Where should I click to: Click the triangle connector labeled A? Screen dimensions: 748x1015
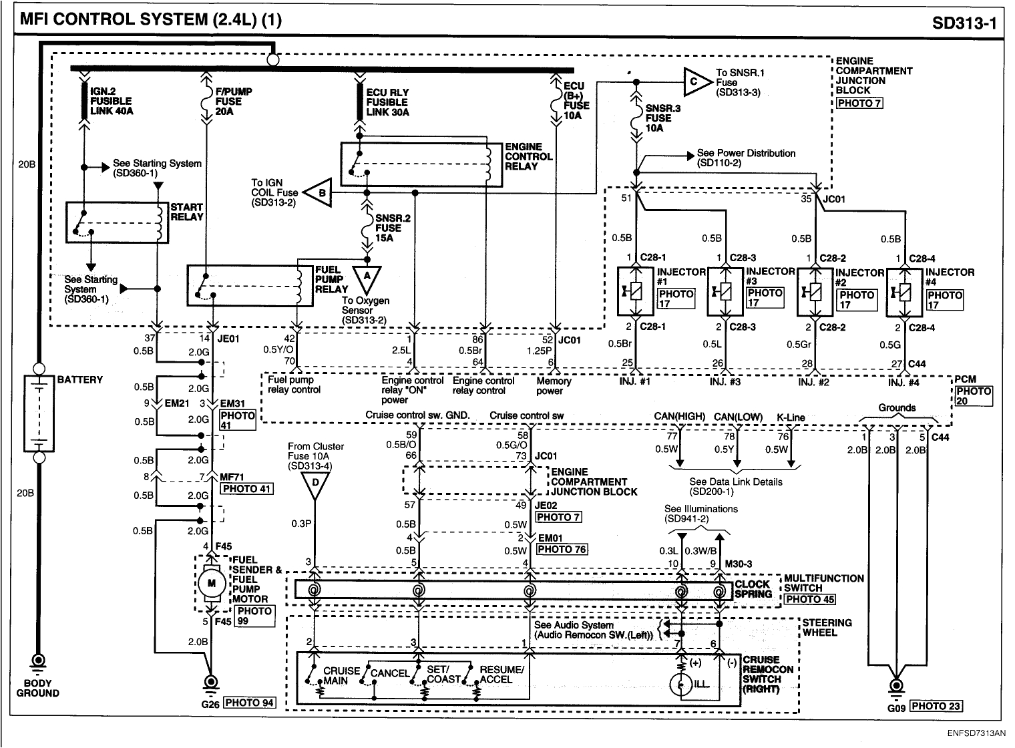[366, 276]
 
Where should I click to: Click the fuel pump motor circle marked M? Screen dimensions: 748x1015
[212, 584]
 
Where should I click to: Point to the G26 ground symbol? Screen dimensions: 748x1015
[211, 683]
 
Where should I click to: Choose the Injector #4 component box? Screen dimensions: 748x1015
[904, 292]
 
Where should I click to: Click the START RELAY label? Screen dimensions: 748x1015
[186, 212]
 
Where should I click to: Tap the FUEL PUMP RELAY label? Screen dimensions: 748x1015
[332, 280]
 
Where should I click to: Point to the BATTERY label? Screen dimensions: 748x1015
[80, 379]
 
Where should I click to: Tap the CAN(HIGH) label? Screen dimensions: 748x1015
[679, 417]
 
